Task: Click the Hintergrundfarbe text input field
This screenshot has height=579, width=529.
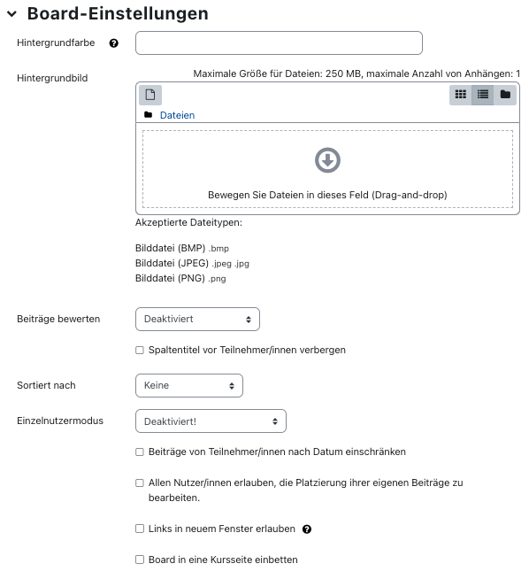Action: click(279, 42)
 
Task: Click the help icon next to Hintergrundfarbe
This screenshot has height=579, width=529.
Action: click(113, 43)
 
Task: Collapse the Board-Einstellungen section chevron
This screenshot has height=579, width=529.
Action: click(11, 14)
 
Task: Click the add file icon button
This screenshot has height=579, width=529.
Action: click(150, 95)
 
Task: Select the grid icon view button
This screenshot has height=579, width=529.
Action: click(460, 95)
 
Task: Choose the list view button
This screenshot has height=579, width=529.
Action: click(482, 95)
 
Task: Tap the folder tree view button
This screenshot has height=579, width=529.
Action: click(505, 95)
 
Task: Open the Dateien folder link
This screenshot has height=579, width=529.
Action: click(177, 115)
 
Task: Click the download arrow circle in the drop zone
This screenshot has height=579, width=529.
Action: click(327, 160)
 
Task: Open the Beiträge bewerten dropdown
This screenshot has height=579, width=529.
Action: click(197, 319)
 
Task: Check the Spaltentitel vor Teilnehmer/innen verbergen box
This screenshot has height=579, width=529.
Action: click(140, 350)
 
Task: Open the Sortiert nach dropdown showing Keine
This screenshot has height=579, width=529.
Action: click(189, 385)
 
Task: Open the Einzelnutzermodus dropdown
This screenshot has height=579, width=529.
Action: click(211, 421)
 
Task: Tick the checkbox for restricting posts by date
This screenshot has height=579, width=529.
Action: click(140, 452)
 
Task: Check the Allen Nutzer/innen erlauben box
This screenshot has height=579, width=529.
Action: click(140, 483)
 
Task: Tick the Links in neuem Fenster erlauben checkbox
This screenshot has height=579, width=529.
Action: click(140, 529)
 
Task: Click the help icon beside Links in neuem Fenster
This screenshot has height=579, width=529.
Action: click(307, 529)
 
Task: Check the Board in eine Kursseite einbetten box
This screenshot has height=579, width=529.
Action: click(140, 560)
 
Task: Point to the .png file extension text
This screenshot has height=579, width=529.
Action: click(217, 279)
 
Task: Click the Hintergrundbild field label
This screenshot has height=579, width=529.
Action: click(52, 78)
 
